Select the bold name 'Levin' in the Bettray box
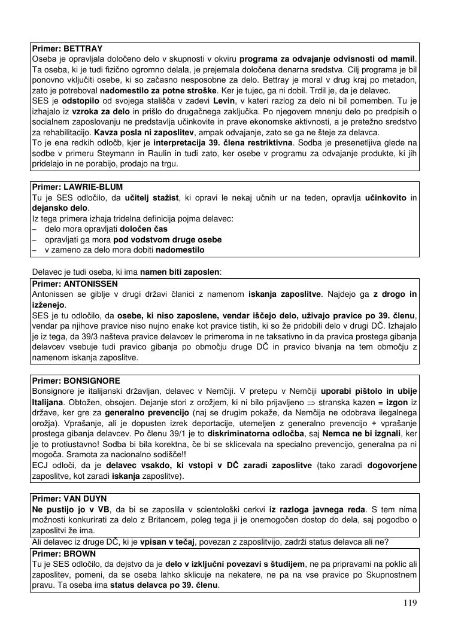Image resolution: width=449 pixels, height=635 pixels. [x=223, y=101]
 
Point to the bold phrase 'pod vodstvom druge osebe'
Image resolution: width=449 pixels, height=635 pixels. [x=171, y=239]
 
